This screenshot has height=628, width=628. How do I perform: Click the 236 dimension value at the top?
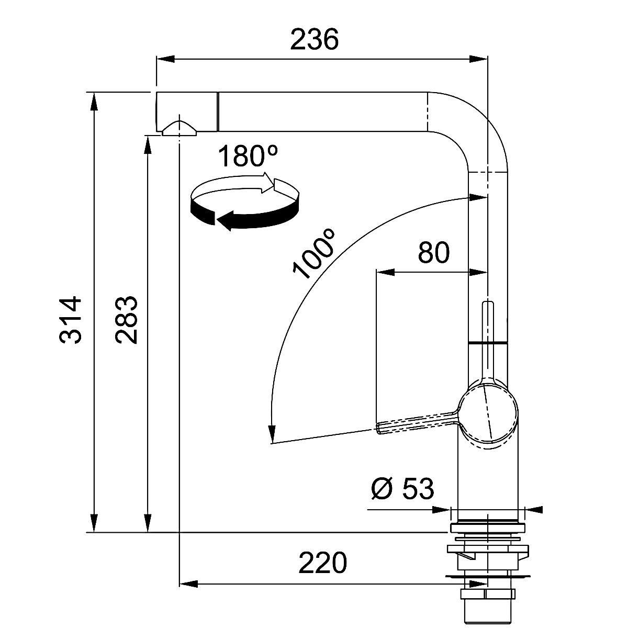tap(314, 39)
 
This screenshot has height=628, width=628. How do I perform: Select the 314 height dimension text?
tap(70, 320)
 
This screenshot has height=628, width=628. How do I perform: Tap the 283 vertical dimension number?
tap(127, 320)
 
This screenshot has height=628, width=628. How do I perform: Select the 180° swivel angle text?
tap(248, 156)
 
